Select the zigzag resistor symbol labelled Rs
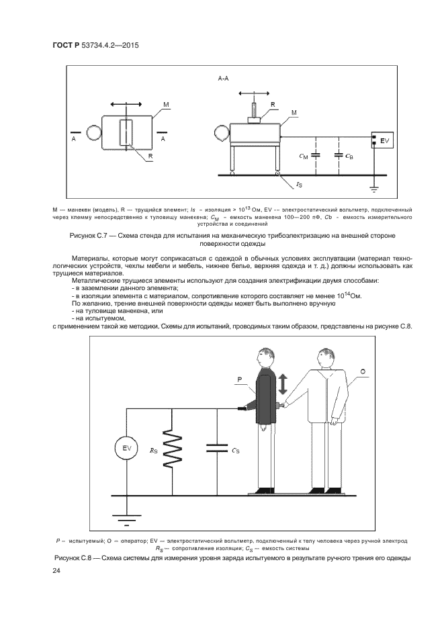pos(172,449)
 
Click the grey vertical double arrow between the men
pos(283,384)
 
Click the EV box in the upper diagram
pos(383,142)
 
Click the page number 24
pos(57,571)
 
